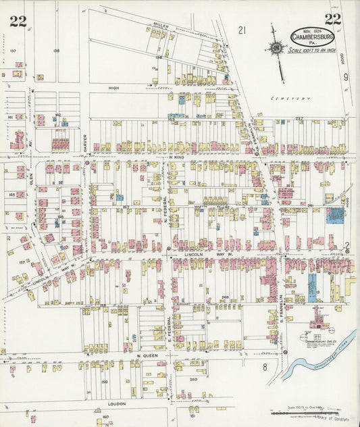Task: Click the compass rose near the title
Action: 276,47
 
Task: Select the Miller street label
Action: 160,25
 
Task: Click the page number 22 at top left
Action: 18,20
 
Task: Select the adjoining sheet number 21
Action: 242,29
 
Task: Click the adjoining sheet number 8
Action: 265,368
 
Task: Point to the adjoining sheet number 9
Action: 345,78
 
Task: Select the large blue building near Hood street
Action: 335,216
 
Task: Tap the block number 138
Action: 56,51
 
